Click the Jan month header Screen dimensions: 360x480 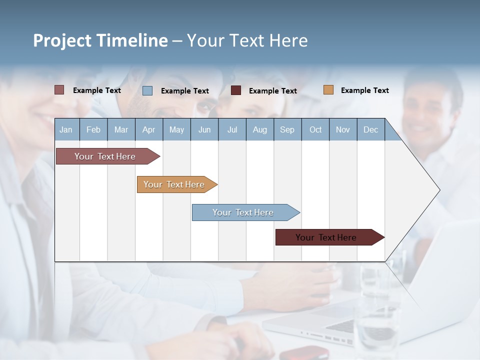[66, 129]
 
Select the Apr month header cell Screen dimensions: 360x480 [148, 129]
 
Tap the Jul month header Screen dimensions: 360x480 [232, 129]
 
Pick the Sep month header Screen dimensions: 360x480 [287, 129]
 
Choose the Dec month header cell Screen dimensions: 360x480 [370, 129]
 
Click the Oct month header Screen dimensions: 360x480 [315, 129]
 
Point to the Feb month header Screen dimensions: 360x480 [93, 129]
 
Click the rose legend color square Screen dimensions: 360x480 [59, 90]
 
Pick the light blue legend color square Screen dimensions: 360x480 [147, 90]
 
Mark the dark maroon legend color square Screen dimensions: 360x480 [236, 90]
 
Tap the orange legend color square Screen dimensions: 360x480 [328, 90]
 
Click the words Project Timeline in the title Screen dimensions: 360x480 [100, 40]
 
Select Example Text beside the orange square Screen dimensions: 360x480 [364, 90]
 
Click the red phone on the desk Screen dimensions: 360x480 [304, 352]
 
